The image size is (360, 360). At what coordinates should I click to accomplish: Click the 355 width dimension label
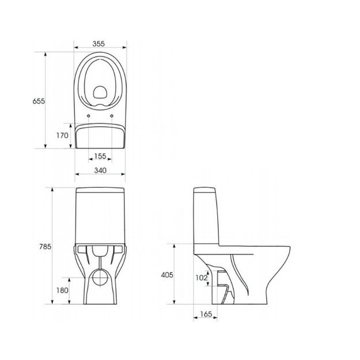point(98,44)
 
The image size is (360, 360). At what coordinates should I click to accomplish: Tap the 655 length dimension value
point(39,101)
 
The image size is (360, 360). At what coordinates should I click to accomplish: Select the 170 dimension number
point(62,135)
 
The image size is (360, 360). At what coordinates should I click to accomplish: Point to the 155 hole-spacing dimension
point(100,156)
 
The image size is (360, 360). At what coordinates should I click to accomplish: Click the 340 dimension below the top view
point(100,170)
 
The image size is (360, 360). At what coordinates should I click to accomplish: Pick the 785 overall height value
point(45,247)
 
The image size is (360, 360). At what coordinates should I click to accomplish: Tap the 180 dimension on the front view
point(62,290)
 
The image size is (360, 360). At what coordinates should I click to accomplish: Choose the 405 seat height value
point(167,275)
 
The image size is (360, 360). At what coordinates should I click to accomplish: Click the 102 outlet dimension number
point(202,278)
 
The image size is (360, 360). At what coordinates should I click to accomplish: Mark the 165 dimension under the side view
point(206,314)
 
